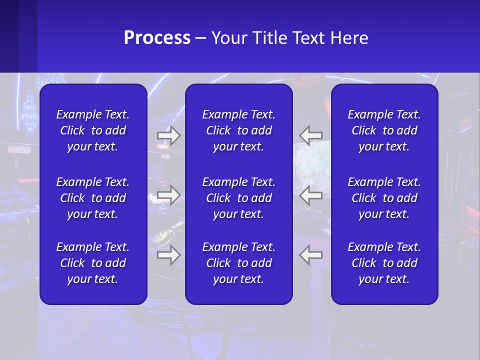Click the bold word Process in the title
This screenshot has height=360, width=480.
coord(157,38)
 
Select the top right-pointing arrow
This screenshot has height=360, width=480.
coord(169,135)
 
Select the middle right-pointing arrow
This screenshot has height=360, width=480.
coord(169,195)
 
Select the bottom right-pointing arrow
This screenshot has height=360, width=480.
coord(169,255)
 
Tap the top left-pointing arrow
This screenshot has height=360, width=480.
coord(310,135)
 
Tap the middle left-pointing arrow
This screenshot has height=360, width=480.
coord(310,195)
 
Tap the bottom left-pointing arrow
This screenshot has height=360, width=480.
coord(310,255)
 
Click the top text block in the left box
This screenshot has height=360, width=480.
coord(93,130)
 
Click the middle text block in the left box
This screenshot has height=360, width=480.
coord(93,198)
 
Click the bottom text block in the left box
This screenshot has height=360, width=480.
coord(93,263)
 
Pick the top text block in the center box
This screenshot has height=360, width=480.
coord(238,130)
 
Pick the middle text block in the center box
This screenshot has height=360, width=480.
coord(238,198)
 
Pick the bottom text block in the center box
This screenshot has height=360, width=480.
coord(238,263)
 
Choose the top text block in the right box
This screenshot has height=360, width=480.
coord(384,130)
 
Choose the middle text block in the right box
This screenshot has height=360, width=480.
coord(384,198)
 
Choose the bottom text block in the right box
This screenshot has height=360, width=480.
coord(384,263)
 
